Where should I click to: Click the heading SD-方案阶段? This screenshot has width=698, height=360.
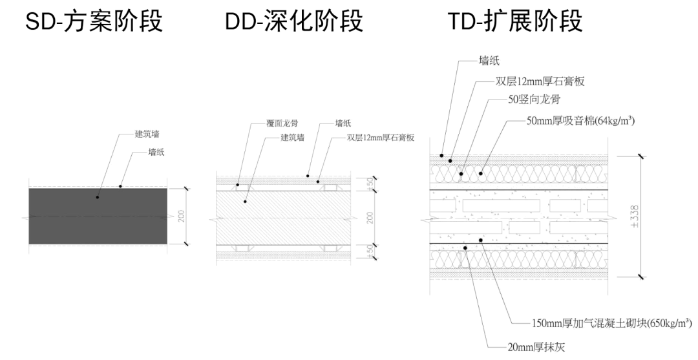(94, 22)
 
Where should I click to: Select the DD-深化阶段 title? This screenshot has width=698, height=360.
(294, 22)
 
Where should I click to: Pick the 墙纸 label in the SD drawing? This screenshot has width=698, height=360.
(156, 153)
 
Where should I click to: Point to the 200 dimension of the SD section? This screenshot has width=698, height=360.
(182, 216)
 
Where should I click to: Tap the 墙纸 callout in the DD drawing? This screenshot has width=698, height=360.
(343, 123)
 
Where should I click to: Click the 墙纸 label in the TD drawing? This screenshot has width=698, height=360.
(489, 61)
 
